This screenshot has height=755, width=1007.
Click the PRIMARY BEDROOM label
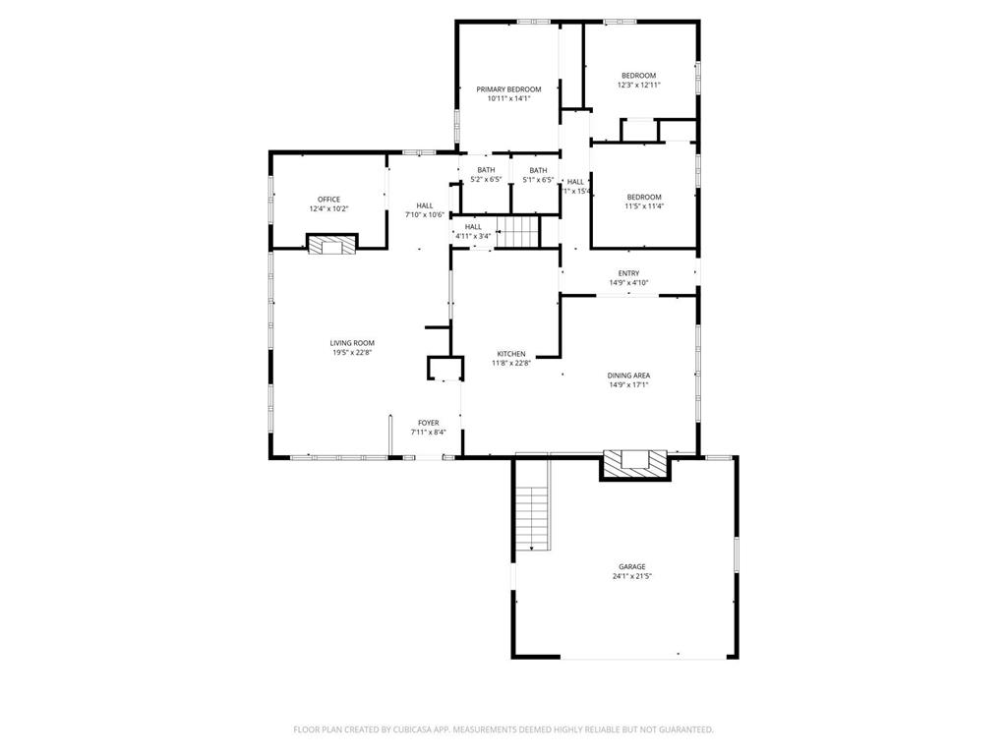(x=508, y=89)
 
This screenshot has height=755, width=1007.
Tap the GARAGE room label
(x=631, y=566)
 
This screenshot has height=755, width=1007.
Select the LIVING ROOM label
(x=352, y=343)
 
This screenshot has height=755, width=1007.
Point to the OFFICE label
(x=328, y=200)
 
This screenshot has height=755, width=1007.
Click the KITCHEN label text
(x=510, y=354)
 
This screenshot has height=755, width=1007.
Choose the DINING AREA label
(x=628, y=375)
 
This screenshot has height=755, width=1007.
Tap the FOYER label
(x=428, y=423)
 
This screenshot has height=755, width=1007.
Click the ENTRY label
(x=628, y=273)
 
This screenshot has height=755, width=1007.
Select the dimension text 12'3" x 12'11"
(x=638, y=86)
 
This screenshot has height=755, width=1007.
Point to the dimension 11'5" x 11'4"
(x=644, y=206)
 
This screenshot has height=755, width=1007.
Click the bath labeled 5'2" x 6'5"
(x=486, y=180)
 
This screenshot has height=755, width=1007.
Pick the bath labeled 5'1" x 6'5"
(x=538, y=180)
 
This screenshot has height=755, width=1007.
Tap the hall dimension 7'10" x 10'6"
(x=425, y=215)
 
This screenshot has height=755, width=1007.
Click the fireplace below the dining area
(x=634, y=463)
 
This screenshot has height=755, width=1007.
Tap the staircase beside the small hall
(x=520, y=233)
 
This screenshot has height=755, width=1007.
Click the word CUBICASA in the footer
(x=403, y=729)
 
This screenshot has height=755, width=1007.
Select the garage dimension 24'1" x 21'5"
(x=631, y=576)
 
